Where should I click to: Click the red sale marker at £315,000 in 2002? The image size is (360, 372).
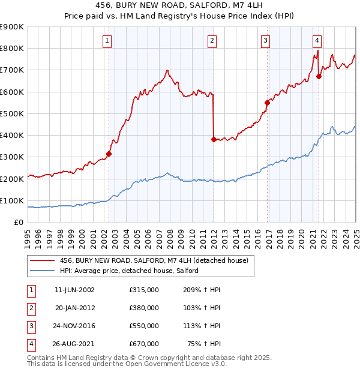click(109, 154)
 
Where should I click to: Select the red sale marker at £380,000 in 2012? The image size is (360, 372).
click(214, 139)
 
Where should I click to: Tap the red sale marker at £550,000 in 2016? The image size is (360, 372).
click(267, 103)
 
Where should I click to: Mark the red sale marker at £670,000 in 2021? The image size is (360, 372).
click(319, 76)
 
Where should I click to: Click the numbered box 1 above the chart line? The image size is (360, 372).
click(107, 41)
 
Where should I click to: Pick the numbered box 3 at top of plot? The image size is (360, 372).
click(265, 41)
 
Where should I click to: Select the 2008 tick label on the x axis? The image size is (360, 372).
click(170, 235)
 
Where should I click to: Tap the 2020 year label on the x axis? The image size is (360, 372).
click(301, 235)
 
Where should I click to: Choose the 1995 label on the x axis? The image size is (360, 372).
click(28, 235)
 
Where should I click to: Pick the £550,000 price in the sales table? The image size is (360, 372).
click(144, 326)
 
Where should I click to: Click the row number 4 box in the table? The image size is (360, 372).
click(30, 344)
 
